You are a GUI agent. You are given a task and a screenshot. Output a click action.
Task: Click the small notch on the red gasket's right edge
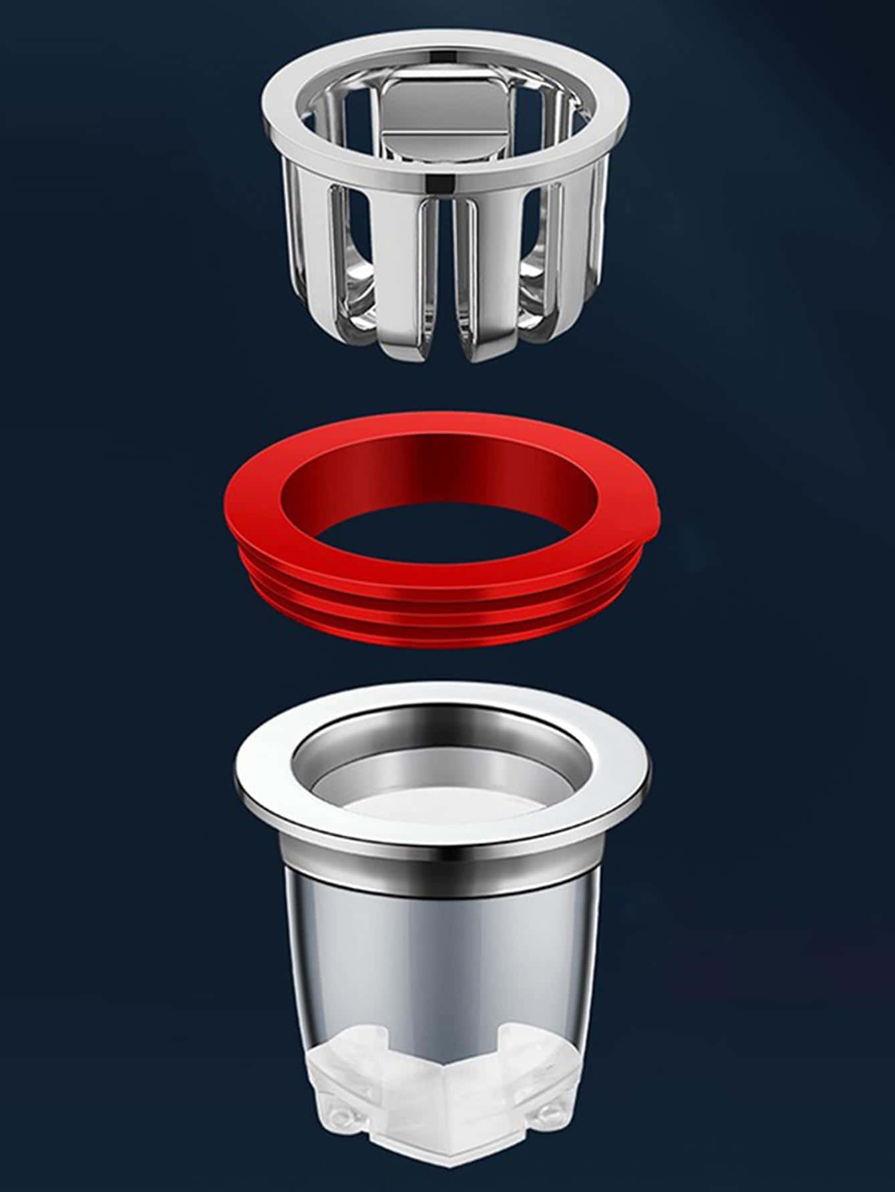(x=658, y=513)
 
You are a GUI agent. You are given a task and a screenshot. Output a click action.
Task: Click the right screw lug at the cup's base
(x=548, y=1112)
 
